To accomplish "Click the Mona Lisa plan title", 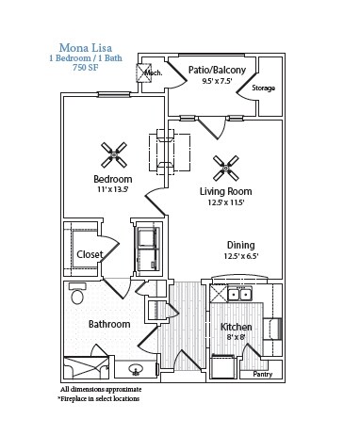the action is coord(86,48).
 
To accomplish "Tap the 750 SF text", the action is coord(86,68).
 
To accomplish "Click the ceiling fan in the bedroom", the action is coord(114,154).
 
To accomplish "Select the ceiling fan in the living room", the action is coord(225,169).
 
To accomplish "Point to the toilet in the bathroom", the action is coord(77,294).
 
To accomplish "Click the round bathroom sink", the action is coord(136,369).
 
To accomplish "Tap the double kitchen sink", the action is coord(239,295).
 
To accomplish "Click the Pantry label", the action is coord(263,374).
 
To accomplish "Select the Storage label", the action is coord(263,88).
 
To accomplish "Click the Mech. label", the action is coord(153,72).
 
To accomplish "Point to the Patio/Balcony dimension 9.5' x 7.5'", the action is coord(218,81).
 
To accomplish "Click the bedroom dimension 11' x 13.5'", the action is coord(112,189).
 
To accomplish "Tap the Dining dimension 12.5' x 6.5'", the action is coord(241,256).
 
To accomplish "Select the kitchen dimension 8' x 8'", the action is coord(236,337).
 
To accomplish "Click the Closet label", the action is coord(90,254).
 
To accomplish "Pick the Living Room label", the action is coord(226,191).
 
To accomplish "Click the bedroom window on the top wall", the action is coord(114,94).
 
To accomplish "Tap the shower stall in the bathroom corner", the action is coord(86,367).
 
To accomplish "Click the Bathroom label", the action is coord(109,324).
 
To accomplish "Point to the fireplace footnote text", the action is coord(98,399).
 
